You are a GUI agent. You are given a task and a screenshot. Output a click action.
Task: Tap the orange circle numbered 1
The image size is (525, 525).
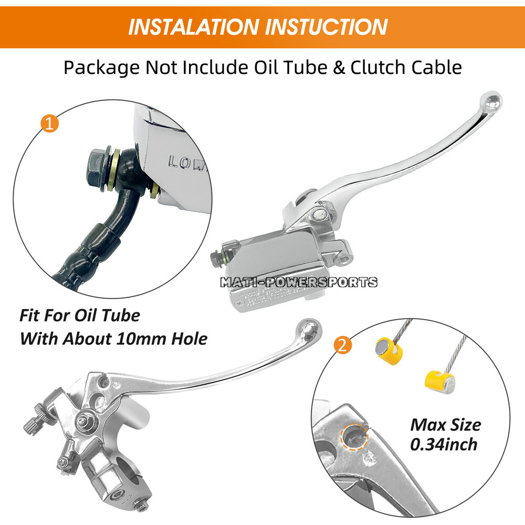click(x=49, y=124)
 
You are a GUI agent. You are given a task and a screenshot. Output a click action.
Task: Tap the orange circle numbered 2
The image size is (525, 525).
click(x=342, y=345)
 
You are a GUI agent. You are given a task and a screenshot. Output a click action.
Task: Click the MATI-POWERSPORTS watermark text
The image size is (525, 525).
click(x=298, y=282)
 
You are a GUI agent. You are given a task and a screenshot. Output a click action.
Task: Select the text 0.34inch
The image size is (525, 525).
click(x=444, y=445)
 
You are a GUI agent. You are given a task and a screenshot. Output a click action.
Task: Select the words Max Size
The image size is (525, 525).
click(x=445, y=424)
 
